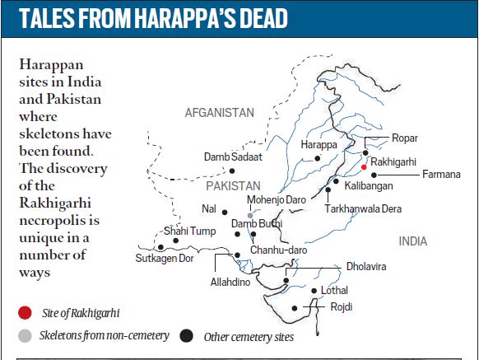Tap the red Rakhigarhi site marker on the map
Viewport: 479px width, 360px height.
coord(363,166)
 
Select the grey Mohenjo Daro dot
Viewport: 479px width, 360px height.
coord(249,214)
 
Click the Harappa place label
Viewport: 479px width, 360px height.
coord(319,144)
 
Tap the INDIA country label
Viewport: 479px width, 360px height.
coord(414,242)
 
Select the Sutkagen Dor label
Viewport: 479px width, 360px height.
coord(165,258)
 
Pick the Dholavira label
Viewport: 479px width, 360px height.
coord(364,267)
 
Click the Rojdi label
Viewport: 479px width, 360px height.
coord(341,306)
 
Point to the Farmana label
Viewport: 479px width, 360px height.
coord(442,175)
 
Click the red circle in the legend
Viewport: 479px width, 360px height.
coord(26,312)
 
